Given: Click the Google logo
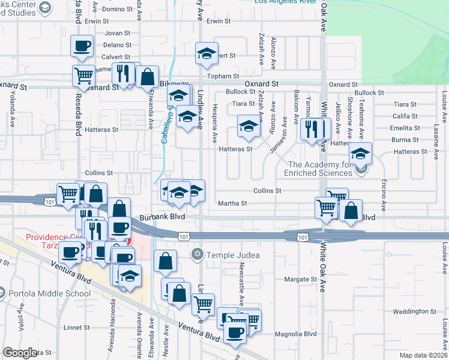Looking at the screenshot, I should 20,353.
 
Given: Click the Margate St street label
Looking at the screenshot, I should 300,280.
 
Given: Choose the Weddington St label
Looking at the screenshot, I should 415,311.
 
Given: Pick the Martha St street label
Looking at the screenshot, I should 235,203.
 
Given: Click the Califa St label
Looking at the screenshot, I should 406,116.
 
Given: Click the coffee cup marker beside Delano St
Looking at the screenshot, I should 82,46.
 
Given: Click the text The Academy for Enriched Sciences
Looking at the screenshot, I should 320,169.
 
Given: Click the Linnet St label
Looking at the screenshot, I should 76,328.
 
